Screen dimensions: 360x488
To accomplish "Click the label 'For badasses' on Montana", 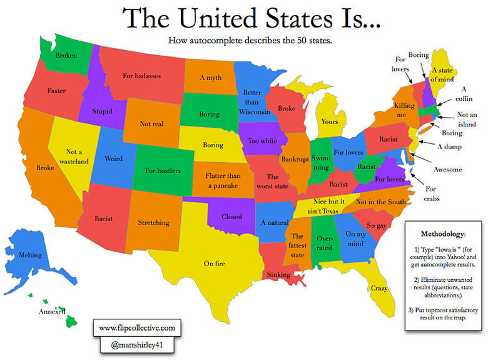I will (141, 76).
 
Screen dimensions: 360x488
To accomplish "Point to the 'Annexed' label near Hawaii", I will (52, 311).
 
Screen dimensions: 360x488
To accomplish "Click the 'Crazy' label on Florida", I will (379, 289).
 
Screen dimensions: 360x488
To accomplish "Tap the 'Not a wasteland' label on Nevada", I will (77, 156).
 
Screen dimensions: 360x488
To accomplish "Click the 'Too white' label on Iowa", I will (263, 141).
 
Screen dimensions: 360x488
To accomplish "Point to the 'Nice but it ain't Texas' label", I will (320, 206).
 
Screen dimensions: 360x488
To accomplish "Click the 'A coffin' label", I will (464, 94).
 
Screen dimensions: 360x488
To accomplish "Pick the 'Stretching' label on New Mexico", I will (153, 222).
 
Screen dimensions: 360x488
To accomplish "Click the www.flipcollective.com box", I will (137, 327).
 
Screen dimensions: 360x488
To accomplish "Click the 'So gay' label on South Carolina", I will (375, 225).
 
